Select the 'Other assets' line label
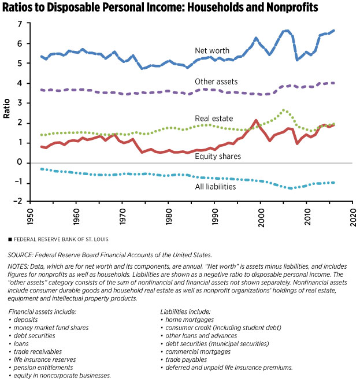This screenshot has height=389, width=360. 216,81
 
